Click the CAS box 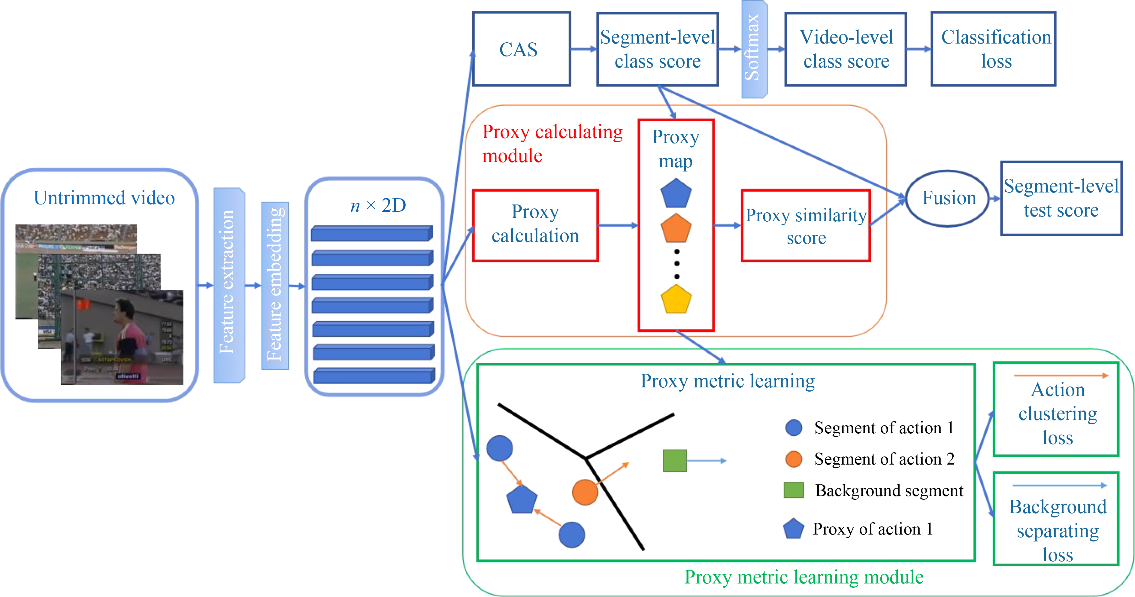pyautogui.click(x=521, y=49)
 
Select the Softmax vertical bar pyautogui.click(x=754, y=49)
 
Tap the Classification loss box pyautogui.click(x=993, y=49)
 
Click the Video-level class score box pyautogui.click(x=846, y=49)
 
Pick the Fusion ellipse pyautogui.click(x=948, y=198)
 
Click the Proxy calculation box pyautogui.click(x=535, y=226)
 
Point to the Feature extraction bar pyautogui.click(x=229, y=285)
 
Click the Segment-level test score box pyautogui.click(x=1061, y=198)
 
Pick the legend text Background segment pyautogui.click(x=889, y=491)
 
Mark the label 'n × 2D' pyautogui.click(x=378, y=205)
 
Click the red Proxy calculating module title pyautogui.click(x=552, y=144)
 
